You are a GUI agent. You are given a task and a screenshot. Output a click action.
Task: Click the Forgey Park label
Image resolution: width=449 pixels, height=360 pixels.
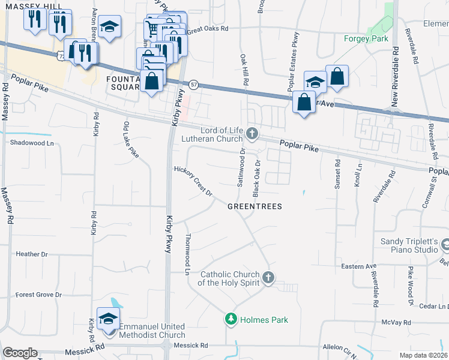pyautogui.click(x=366, y=39)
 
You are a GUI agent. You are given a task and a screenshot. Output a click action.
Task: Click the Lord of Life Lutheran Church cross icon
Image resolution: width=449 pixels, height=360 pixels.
pyautogui.click(x=253, y=134)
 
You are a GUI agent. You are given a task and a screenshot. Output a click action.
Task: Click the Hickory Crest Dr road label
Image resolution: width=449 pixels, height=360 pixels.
pyautogui.click(x=193, y=181)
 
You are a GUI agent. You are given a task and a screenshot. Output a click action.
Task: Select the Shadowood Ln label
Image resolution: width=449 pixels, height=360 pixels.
pyautogui.click(x=32, y=143)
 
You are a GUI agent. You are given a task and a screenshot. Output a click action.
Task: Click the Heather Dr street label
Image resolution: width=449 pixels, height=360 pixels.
pyautogui.click(x=32, y=254)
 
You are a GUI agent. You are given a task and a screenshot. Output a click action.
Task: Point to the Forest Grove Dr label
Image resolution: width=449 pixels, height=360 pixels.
pyautogui.click(x=38, y=295)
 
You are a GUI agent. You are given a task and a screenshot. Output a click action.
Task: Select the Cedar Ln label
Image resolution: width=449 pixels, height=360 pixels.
pyautogui.click(x=435, y=306)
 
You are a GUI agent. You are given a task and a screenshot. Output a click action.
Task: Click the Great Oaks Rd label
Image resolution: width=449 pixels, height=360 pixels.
pyautogui.click(x=208, y=28)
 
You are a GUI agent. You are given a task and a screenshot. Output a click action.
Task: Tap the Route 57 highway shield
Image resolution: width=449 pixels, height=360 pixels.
pyautogui.click(x=193, y=85)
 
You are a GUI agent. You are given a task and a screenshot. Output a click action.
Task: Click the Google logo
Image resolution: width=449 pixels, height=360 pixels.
pyautogui.click(x=20, y=353)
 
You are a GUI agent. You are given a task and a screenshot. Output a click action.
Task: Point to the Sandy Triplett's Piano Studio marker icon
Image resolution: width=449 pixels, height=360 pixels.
pyautogui.click(x=445, y=245)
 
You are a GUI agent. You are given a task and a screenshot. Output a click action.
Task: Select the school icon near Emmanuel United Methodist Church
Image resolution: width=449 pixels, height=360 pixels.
pyautogui.click(x=109, y=319)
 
